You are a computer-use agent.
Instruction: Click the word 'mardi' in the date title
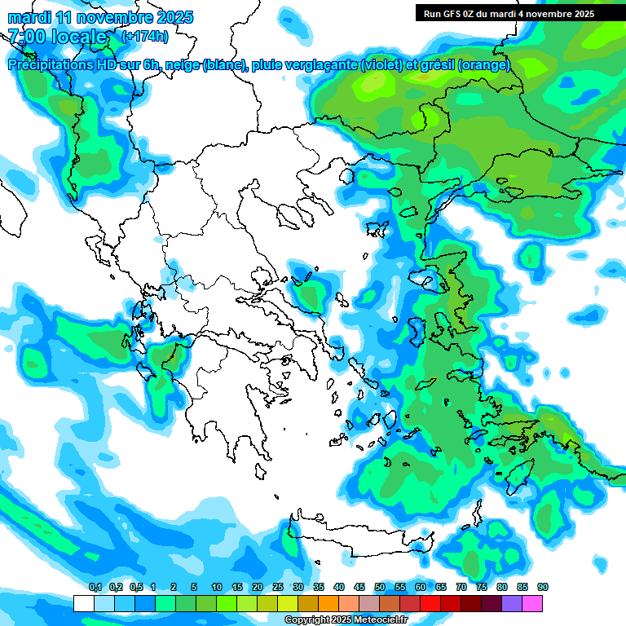[x=29, y=16]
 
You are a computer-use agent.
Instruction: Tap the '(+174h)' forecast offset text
[x=144, y=36]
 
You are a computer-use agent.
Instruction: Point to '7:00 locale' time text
[x=57, y=37]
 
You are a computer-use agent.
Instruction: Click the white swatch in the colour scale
[x=83, y=603]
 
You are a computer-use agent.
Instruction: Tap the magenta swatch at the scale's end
[x=532, y=603]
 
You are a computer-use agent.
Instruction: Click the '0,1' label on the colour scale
[x=95, y=588]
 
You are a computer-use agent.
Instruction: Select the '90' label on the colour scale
[x=542, y=588]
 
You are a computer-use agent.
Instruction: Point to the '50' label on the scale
[x=380, y=588]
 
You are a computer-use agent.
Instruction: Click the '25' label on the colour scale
[x=278, y=588]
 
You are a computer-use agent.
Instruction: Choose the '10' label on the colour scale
[x=217, y=588]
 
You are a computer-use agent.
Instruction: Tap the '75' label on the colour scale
[x=481, y=588]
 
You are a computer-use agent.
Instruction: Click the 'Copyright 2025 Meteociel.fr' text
[x=346, y=620]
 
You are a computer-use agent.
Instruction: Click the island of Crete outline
[x=350, y=537]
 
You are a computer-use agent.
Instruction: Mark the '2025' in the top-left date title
[x=174, y=16]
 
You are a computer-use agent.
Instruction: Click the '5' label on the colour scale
[x=194, y=588]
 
